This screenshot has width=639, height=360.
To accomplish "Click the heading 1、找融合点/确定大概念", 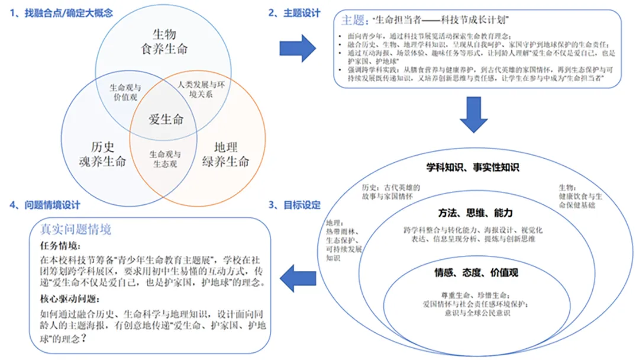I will click(x=62, y=12).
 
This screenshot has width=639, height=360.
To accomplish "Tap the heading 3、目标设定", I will click(x=294, y=205).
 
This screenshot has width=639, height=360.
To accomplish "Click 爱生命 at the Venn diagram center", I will click(x=166, y=119).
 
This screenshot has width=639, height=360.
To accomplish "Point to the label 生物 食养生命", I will click(x=164, y=41).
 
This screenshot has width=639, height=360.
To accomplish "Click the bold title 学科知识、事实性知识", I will click(x=473, y=168).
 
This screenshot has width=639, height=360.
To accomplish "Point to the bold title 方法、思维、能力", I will click(x=475, y=213).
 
